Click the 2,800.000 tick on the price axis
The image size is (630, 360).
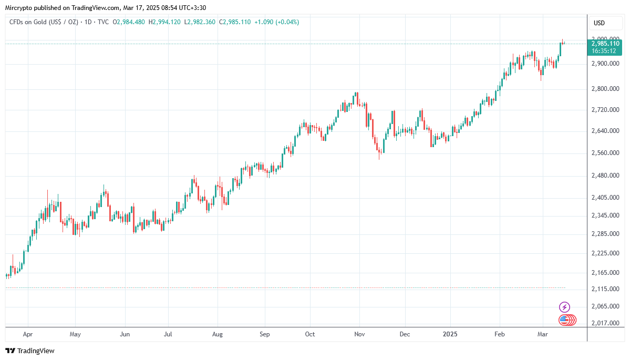[605, 89]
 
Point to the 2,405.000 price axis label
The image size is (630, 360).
[605, 198]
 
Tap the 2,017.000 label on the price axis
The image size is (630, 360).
[605, 323]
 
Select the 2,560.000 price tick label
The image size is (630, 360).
[605, 153]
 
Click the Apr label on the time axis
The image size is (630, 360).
[28, 334]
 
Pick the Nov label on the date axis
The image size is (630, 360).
[359, 334]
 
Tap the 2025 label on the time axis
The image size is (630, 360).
[450, 334]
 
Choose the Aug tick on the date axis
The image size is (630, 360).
[218, 334]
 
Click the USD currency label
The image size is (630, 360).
[599, 23]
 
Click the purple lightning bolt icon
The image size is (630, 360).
[564, 307]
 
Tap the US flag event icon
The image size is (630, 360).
[564, 319]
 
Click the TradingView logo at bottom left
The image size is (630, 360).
[30, 351]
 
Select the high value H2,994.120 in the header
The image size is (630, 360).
[164, 22]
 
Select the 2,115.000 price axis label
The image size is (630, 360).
[605, 289]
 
